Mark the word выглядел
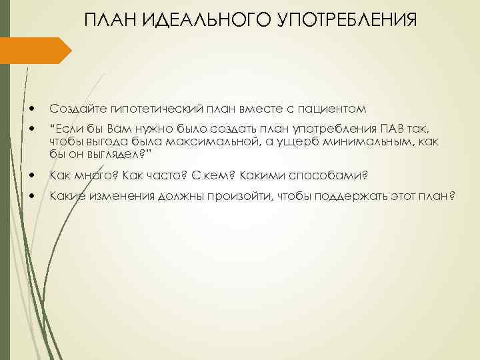122,155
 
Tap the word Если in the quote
69,128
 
